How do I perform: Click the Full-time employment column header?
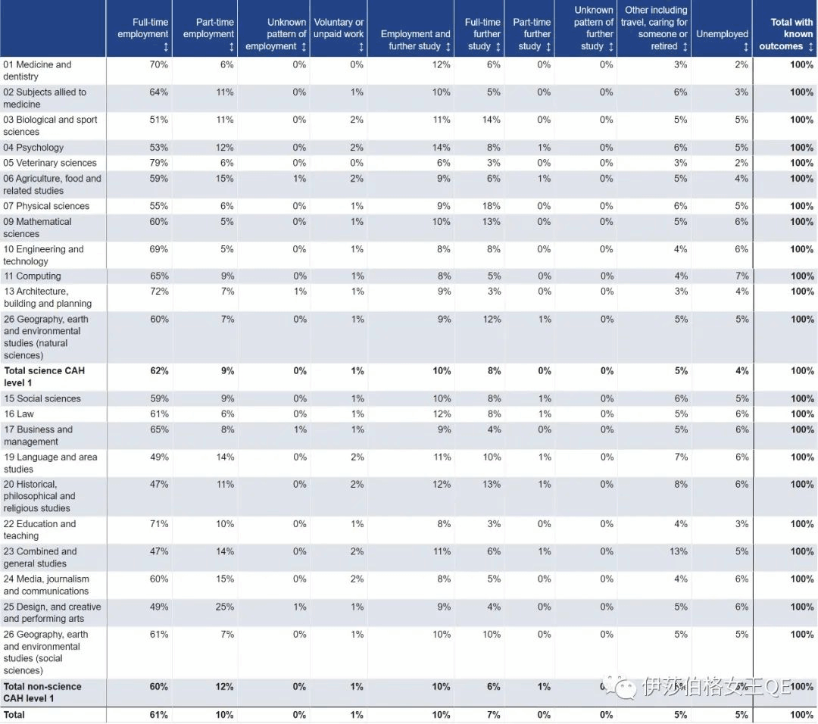(x=143, y=34)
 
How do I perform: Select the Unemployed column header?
(x=722, y=34)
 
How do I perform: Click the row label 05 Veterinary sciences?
(x=50, y=163)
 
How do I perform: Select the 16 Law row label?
(x=19, y=414)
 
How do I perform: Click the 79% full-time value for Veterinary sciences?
(x=159, y=163)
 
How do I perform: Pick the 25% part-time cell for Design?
(x=224, y=607)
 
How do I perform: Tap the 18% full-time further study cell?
(x=492, y=206)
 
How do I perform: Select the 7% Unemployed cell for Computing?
(x=742, y=276)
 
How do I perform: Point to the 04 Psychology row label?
(x=33, y=148)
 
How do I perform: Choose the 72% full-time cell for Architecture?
(x=159, y=292)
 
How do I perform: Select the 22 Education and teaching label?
(x=39, y=529)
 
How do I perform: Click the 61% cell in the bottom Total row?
(x=159, y=715)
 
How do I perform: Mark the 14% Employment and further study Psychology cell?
(x=442, y=148)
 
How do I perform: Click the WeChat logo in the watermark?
(x=625, y=687)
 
